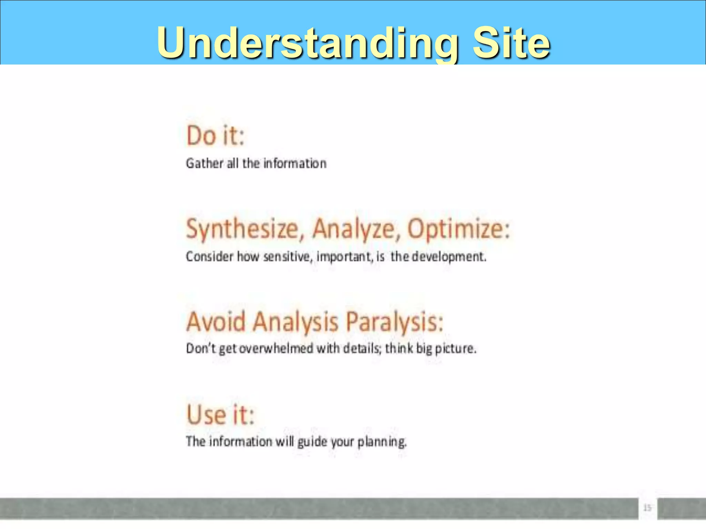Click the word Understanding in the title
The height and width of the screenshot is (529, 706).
click(307, 43)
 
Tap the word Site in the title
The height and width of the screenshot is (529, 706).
click(511, 43)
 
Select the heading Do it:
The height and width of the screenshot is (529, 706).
click(215, 136)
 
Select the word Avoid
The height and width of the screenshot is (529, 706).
click(216, 322)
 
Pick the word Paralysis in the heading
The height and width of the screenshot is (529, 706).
click(394, 322)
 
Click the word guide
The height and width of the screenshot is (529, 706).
click(312, 442)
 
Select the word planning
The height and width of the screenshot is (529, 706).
click(382, 442)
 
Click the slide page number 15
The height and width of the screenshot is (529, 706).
click(647, 508)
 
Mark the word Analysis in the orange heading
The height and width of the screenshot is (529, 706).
click(295, 322)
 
